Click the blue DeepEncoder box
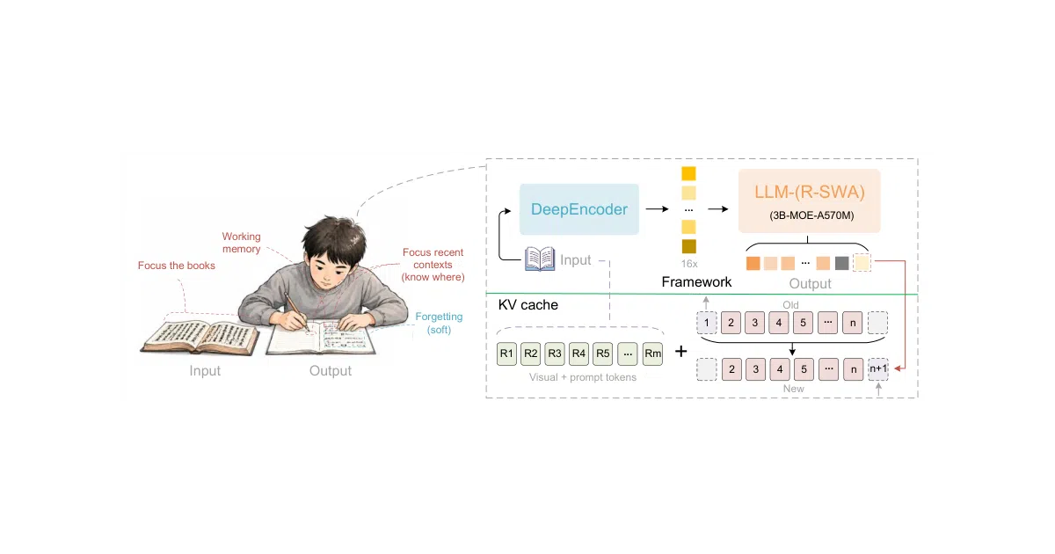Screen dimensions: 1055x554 pyautogui.click(x=578, y=209)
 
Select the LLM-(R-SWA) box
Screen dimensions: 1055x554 pyautogui.click(x=809, y=200)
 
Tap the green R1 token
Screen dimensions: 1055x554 pyautogui.click(x=506, y=354)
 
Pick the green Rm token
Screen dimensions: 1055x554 pyautogui.click(x=652, y=354)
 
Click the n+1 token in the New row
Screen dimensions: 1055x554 pyautogui.click(x=878, y=368)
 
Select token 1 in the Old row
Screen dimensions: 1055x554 pyautogui.click(x=707, y=323)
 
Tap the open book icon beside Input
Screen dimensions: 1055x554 pyautogui.click(x=540, y=259)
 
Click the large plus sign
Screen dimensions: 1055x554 pyautogui.click(x=681, y=351)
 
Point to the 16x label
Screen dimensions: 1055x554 pyautogui.click(x=689, y=264)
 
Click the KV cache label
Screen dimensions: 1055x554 pyautogui.click(x=528, y=305)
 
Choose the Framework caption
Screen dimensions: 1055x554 pyautogui.click(x=696, y=281)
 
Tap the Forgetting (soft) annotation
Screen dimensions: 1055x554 pyautogui.click(x=439, y=323)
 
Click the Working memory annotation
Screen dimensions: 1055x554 pyautogui.click(x=241, y=242)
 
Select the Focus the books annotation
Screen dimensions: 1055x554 pyautogui.click(x=176, y=266)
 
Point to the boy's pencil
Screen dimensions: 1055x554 pyautogui.click(x=296, y=311)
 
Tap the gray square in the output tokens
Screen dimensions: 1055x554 pyautogui.click(x=841, y=263)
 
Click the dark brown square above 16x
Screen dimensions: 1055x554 pyautogui.click(x=689, y=246)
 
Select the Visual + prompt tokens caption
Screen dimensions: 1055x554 pyautogui.click(x=583, y=377)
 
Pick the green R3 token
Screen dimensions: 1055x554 pyautogui.click(x=555, y=354)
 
